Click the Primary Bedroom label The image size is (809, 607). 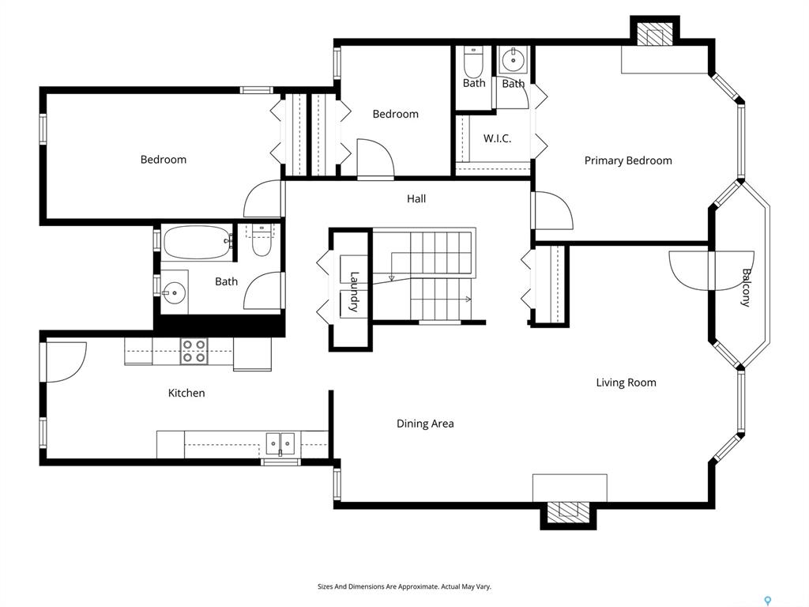628,160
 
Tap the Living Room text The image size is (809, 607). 626,383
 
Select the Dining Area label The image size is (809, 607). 425,424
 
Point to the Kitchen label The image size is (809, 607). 186,393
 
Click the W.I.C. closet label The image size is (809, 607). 498,138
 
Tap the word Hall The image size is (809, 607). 416,198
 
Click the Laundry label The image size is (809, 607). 354,292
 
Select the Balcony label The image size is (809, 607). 746,288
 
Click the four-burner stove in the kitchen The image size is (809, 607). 194,351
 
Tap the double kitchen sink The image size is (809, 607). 280,444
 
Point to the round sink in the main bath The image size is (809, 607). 175,292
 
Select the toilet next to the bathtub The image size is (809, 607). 262,241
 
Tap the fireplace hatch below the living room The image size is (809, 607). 568,512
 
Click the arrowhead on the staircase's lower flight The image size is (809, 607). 468,300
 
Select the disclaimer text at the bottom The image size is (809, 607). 404,586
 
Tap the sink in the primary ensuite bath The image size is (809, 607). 513,60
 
